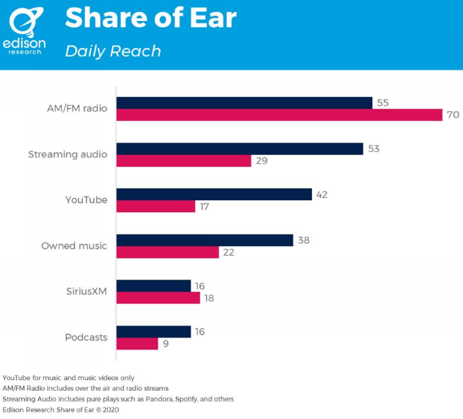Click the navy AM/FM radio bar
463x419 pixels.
[244, 103]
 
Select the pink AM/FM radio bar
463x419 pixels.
[279, 114]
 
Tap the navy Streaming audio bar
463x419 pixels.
[239, 149]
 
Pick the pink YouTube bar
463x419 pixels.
[155, 206]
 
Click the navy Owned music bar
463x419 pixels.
[205, 240]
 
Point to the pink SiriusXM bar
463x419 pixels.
[158, 298]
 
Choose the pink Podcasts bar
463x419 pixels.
[137, 343]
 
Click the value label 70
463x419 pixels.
[453, 114]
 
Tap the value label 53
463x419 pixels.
[374, 149]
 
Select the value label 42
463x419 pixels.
[322, 194]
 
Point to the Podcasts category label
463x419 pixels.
[86, 337]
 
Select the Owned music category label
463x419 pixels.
[74, 246]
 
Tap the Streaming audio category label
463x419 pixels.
[68, 155]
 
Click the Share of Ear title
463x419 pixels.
[151, 19]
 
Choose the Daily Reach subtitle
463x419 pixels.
[113, 51]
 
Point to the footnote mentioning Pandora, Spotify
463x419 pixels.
[118, 399]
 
